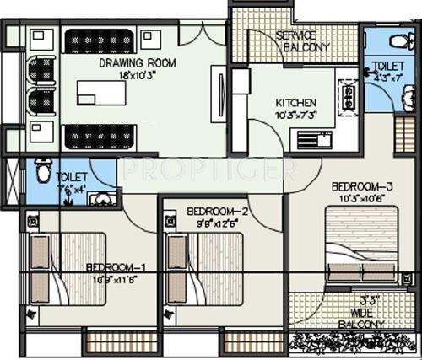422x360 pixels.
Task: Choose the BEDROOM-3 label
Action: pos(360,186)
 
